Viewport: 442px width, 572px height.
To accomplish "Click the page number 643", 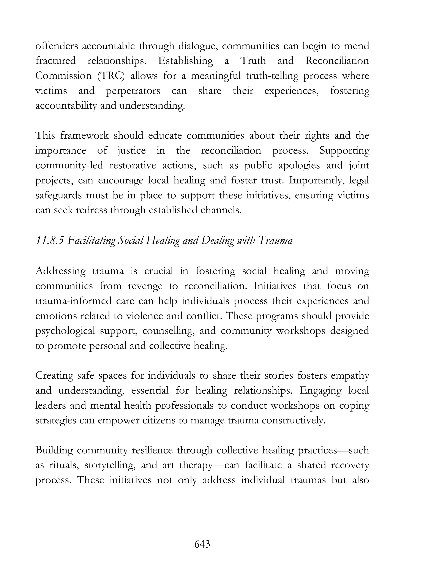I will coord(202,544).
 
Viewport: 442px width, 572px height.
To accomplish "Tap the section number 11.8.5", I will coord(49,240).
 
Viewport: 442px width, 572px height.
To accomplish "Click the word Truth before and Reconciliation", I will coord(253,61).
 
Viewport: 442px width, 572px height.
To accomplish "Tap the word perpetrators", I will coord(133,91).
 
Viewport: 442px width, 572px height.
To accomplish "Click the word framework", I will coord(84,135).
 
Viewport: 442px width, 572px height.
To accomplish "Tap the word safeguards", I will coord(58,195).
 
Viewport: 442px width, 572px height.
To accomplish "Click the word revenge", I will coord(145,286).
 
